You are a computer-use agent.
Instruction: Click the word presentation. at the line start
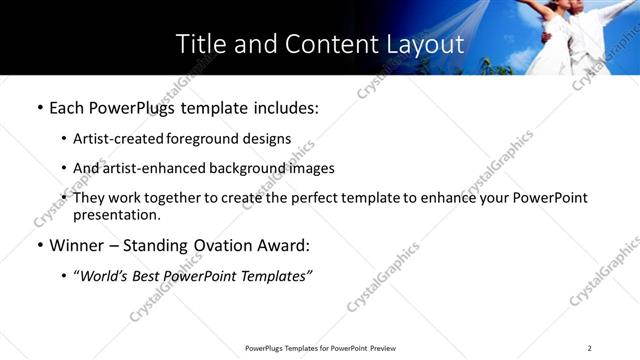116,214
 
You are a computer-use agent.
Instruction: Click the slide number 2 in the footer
590,348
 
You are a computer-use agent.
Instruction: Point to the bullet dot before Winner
39,246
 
